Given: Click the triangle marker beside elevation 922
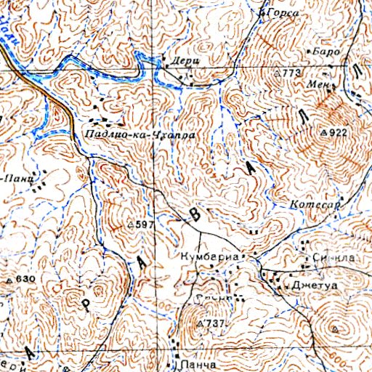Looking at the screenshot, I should tap(323, 134).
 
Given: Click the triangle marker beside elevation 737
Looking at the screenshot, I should tap(201, 322).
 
